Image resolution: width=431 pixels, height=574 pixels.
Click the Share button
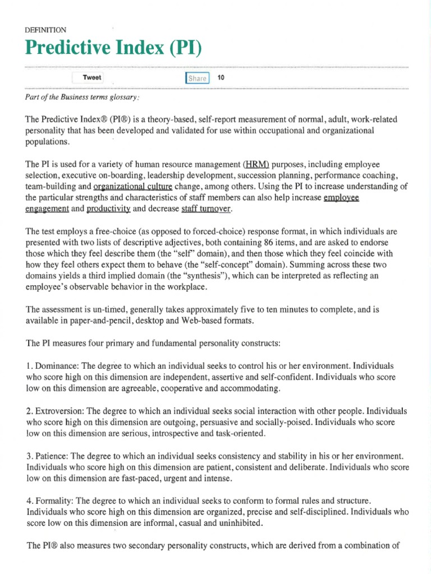(x=198, y=78)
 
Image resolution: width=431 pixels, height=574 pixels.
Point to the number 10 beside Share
(x=221, y=78)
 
